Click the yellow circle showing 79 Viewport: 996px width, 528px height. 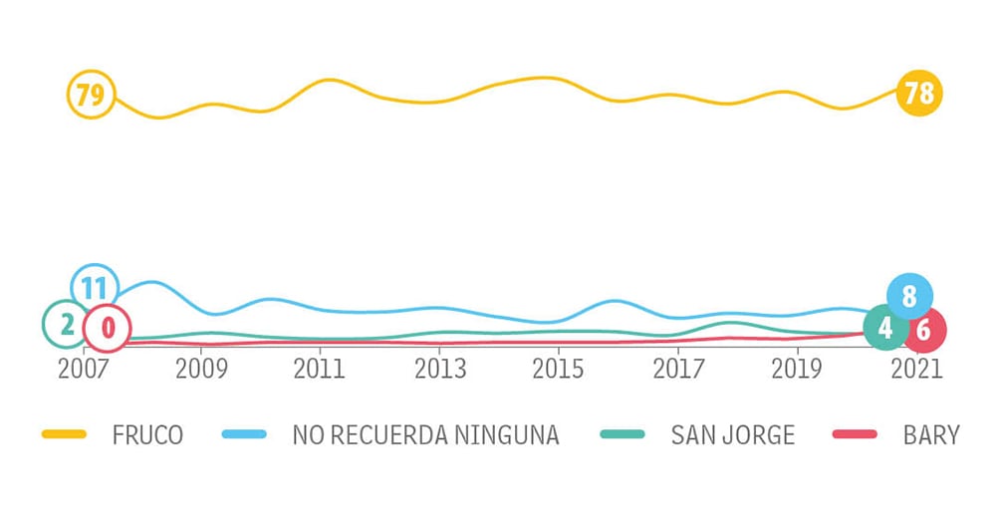(x=91, y=97)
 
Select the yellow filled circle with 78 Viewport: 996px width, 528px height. (x=918, y=95)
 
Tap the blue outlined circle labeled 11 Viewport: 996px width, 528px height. (x=95, y=289)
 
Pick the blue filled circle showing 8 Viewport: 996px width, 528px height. (x=909, y=296)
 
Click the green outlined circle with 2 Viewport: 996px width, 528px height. (x=66, y=324)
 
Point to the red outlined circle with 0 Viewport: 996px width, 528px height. (x=107, y=328)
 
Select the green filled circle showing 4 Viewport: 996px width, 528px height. (x=885, y=328)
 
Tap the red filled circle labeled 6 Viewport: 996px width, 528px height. (x=923, y=330)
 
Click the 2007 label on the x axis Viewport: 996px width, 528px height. (x=83, y=369)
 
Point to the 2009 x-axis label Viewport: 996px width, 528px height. (x=202, y=369)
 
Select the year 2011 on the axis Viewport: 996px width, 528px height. (x=320, y=369)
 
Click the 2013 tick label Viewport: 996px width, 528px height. (x=439, y=369)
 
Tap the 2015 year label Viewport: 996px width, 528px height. (x=558, y=369)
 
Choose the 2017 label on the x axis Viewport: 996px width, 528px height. (x=677, y=369)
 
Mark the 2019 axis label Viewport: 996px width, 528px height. (x=796, y=369)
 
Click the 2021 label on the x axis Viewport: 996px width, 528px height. (x=915, y=369)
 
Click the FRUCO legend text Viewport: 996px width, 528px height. (x=148, y=434)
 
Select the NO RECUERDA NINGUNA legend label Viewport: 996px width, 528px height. (x=425, y=434)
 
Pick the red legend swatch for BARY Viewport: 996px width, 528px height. (x=854, y=434)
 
